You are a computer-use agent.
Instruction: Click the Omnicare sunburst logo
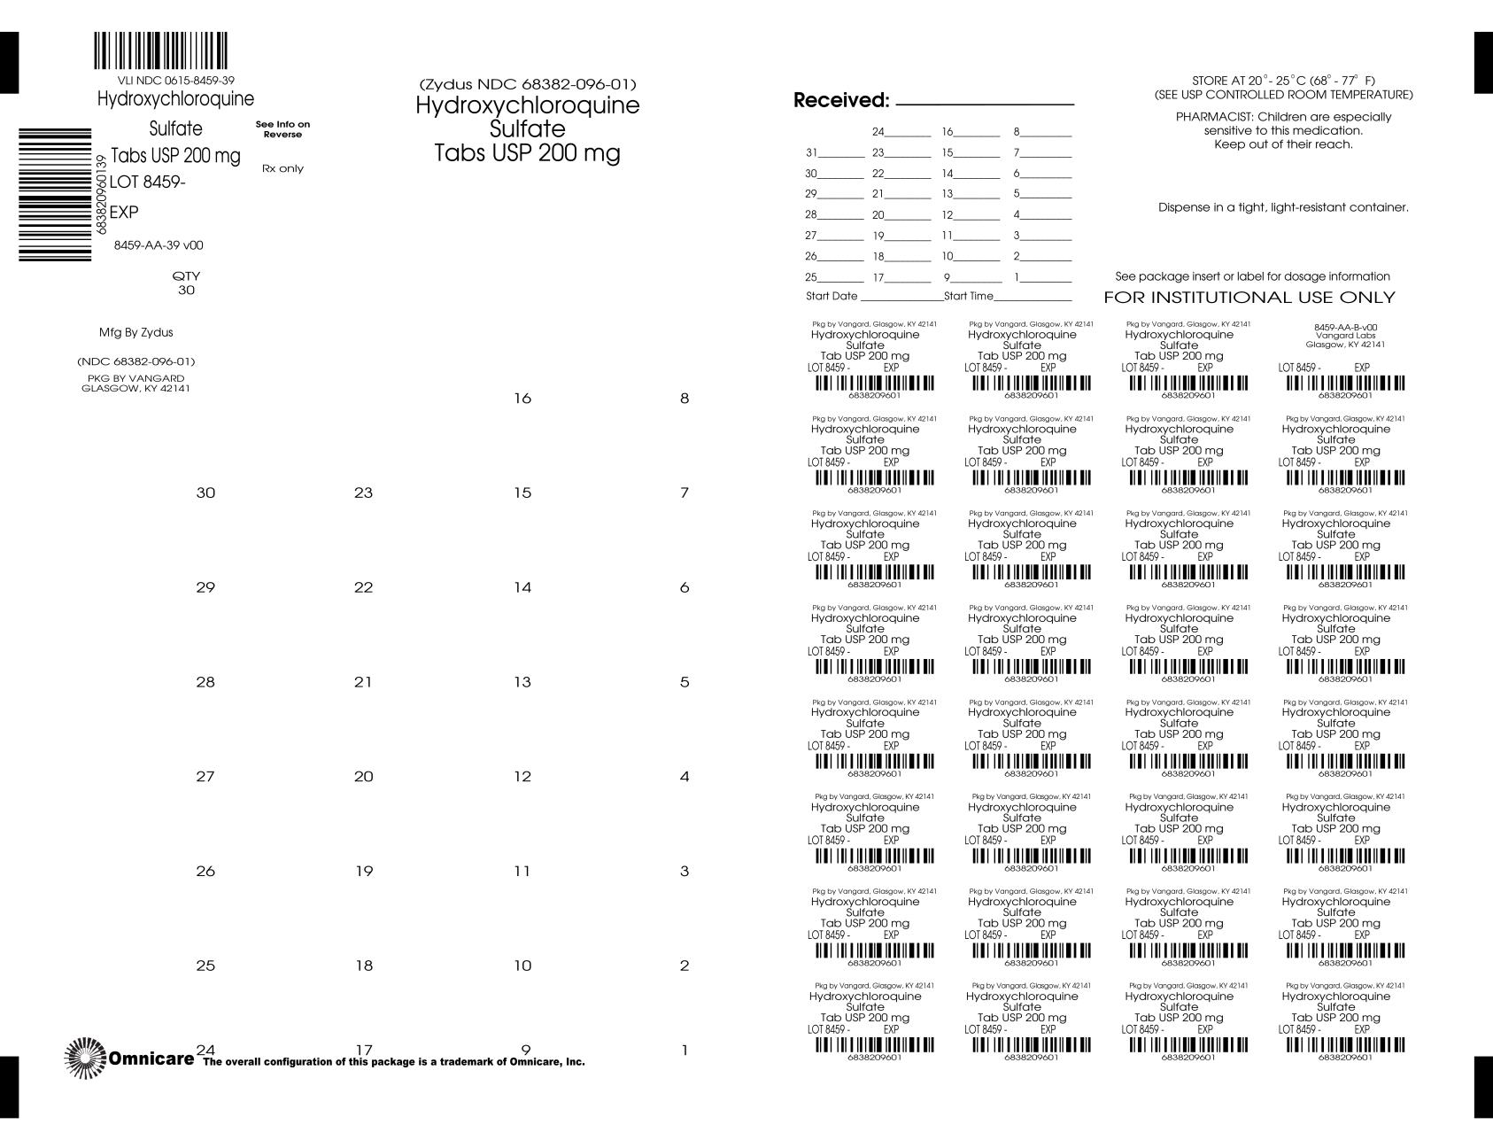(86, 1058)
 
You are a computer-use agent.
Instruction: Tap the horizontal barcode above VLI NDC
(160, 51)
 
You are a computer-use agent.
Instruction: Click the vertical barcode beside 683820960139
(55, 194)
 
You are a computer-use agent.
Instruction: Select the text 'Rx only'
(282, 168)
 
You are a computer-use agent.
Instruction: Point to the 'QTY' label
(186, 275)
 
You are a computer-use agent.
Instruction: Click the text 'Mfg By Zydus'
(135, 333)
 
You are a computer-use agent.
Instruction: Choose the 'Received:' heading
(840, 100)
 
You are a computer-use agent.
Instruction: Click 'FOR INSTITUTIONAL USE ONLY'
(1249, 298)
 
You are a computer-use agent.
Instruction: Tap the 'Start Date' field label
(832, 296)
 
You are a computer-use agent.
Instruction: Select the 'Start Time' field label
(969, 296)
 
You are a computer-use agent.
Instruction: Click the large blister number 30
(205, 493)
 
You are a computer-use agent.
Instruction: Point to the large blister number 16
(522, 399)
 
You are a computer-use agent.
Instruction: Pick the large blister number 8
(684, 399)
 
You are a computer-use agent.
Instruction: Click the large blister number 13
(522, 682)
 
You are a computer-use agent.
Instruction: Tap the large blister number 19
(364, 871)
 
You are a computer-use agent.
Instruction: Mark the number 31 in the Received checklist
(811, 152)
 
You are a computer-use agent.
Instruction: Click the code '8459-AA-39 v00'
(159, 245)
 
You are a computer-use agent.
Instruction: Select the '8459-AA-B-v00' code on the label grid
(1345, 327)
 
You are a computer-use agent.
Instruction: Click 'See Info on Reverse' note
(282, 129)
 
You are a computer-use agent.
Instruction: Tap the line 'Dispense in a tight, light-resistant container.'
(1283, 207)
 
